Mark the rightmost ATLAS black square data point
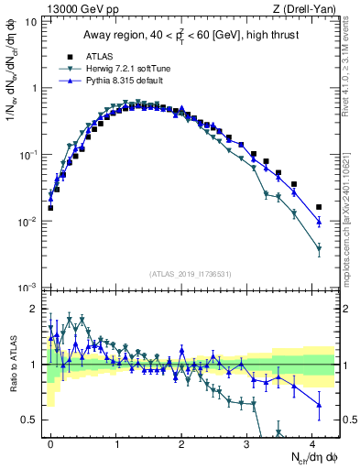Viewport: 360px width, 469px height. pyautogui.click(x=319, y=207)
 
